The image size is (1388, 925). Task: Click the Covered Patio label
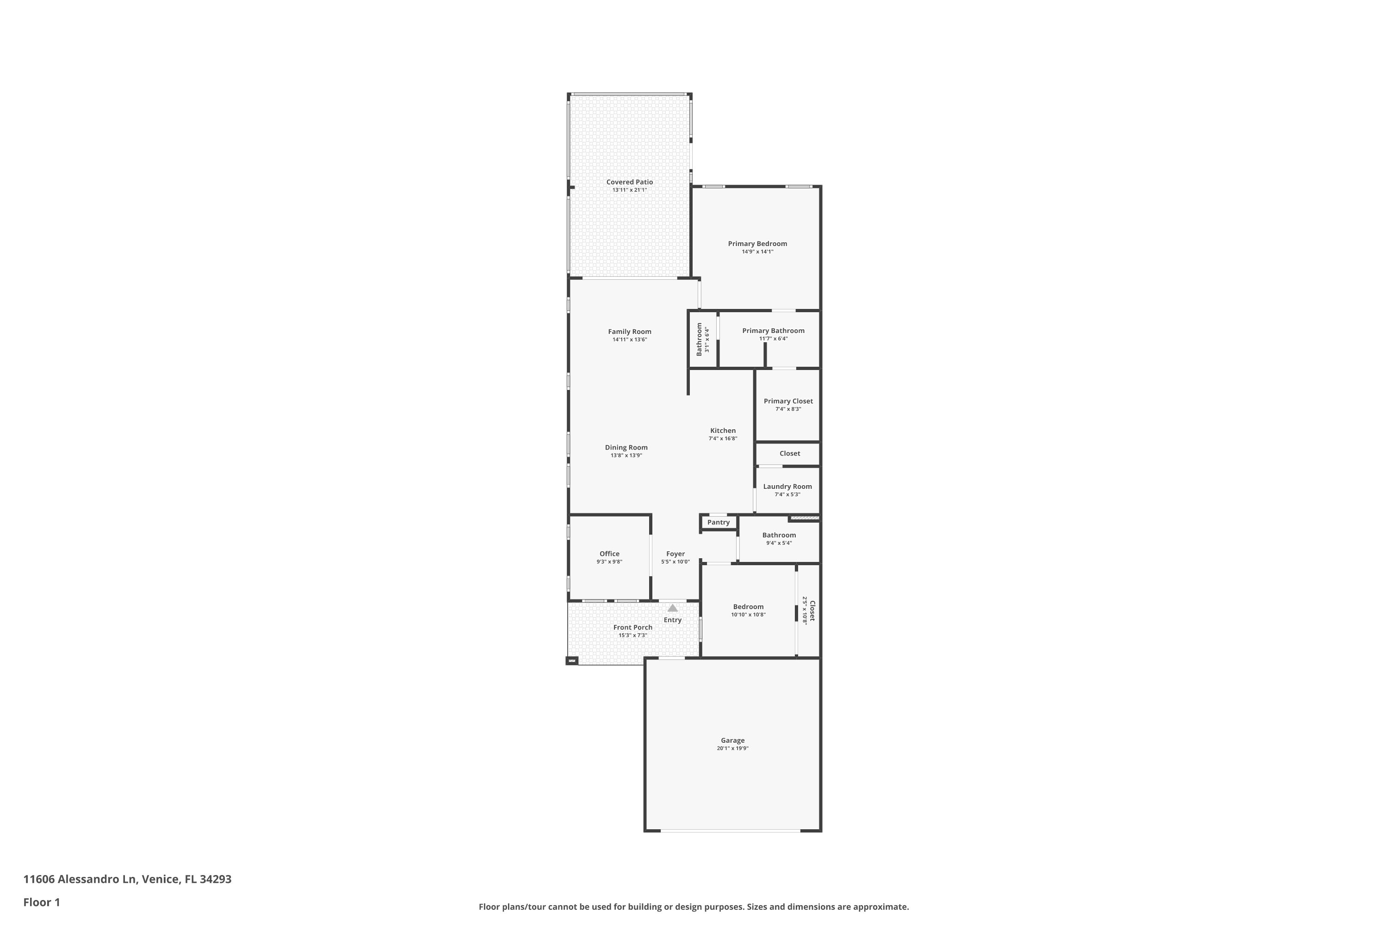(x=630, y=182)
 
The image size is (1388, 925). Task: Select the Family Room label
(x=630, y=332)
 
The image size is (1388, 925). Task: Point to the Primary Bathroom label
(x=773, y=331)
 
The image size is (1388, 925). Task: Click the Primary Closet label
(x=788, y=401)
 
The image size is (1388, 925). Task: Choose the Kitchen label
(x=723, y=431)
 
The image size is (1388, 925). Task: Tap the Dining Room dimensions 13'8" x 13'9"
(x=626, y=456)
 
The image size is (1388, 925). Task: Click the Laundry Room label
(x=787, y=487)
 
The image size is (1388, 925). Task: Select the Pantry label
(x=718, y=523)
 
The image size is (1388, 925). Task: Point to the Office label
(x=610, y=554)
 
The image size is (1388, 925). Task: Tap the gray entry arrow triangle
(x=673, y=608)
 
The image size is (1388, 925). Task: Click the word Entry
(x=673, y=620)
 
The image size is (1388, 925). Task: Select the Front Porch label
(x=632, y=628)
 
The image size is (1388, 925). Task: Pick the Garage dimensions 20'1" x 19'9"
(x=732, y=749)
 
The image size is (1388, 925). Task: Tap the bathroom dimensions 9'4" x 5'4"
(x=779, y=543)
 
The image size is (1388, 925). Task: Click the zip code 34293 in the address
(x=216, y=879)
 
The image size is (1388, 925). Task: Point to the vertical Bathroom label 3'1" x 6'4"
(x=702, y=339)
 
